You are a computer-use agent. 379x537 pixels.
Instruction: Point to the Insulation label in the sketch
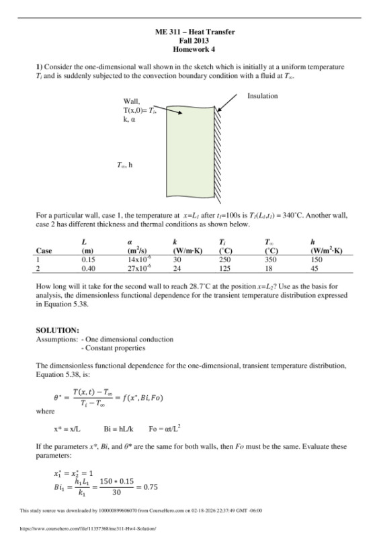click(x=262, y=96)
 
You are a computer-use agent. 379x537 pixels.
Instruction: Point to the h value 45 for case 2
click(x=315, y=267)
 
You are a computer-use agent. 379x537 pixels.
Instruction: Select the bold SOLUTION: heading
click(x=57, y=330)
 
